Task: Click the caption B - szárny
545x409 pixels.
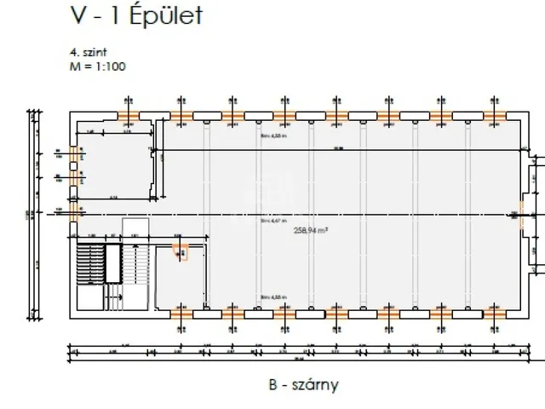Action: [x=303, y=384]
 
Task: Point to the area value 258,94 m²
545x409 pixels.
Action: [x=309, y=230]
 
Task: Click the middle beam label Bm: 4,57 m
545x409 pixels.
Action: [x=273, y=219]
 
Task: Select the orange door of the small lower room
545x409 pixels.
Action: [x=181, y=251]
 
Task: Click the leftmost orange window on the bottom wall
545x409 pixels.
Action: [x=181, y=313]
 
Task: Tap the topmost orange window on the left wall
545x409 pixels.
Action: [x=74, y=157]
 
